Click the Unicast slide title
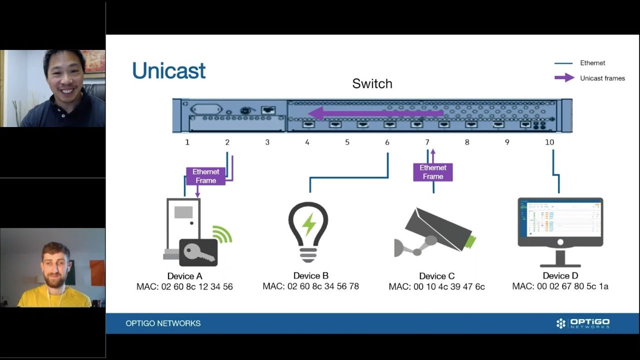[168, 71]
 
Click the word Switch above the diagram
[372, 83]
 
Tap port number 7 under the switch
[427, 142]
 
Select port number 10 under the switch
[549, 142]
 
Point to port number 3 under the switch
[267, 142]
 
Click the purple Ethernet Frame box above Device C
[433, 172]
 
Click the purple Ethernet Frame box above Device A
[205, 176]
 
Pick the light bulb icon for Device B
[308, 231]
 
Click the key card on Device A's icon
[198, 252]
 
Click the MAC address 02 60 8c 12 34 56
[184, 287]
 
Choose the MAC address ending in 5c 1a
[560, 286]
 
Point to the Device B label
[310, 276]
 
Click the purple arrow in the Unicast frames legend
[564, 78]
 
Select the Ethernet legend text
[592, 63]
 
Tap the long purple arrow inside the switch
[375, 113]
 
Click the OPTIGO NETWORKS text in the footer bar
[163, 323]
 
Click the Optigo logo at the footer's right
[582, 323]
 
